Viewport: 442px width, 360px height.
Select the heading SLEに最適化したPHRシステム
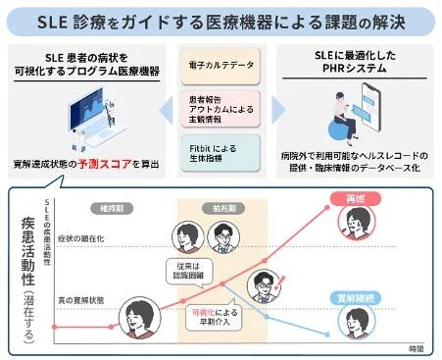[x=359, y=61]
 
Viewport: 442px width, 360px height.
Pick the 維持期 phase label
[x=103, y=207]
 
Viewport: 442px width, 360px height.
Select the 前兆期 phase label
[x=210, y=207]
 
